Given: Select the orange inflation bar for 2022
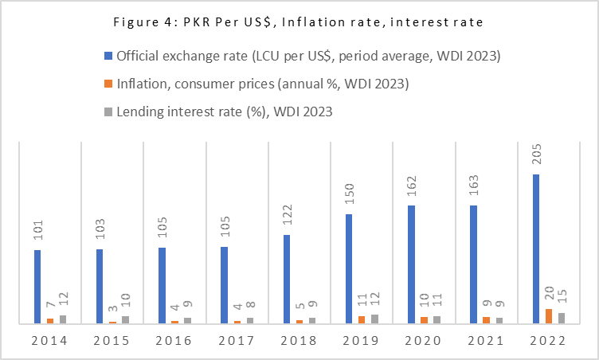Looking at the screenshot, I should click(x=548, y=315).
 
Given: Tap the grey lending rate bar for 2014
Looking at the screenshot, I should click(x=63, y=319).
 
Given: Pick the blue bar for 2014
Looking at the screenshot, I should click(x=37, y=287).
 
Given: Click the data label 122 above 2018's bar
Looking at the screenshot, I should click(x=287, y=218).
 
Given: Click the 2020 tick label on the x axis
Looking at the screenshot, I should click(x=423, y=340).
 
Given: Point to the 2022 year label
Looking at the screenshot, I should click(x=547, y=340).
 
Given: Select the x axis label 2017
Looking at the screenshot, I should click(x=236, y=340).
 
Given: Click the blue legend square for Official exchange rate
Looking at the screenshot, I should click(x=108, y=57).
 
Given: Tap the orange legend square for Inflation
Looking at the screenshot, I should click(x=108, y=84).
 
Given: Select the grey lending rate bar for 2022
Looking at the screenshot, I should click(x=561, y=318).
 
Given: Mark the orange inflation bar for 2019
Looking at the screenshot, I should click(x=362, y=319).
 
